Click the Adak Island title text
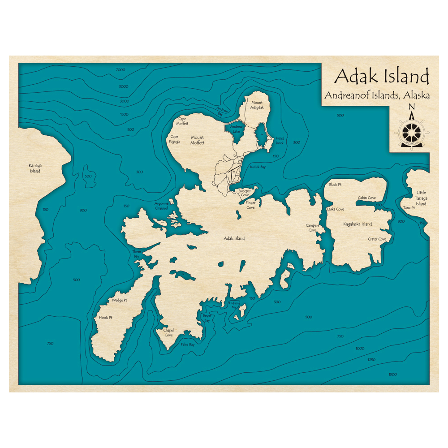[x=382, y=77]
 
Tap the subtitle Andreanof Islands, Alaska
[x=377, y=95]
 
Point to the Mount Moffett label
[x=198, y=140]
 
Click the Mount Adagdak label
[x=257, y=105]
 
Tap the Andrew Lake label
[x=236, y=129]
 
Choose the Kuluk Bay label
[x=258, y=167]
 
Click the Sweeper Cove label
[x=244, y=193]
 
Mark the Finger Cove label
[x=250, y=205]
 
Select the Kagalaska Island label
[x=358, y=224]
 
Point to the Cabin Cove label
[x=366, y=198]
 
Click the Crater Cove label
[x=377, y=239]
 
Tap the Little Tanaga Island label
[x=421, y=198]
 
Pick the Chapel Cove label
[x=168, y=332]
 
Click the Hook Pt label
[x=105, y=318]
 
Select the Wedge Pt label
[x=120, y=300]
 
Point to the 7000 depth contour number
[x=120, y=70]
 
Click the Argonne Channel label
[x=161, y=206]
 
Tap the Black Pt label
[x=335, y=185]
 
